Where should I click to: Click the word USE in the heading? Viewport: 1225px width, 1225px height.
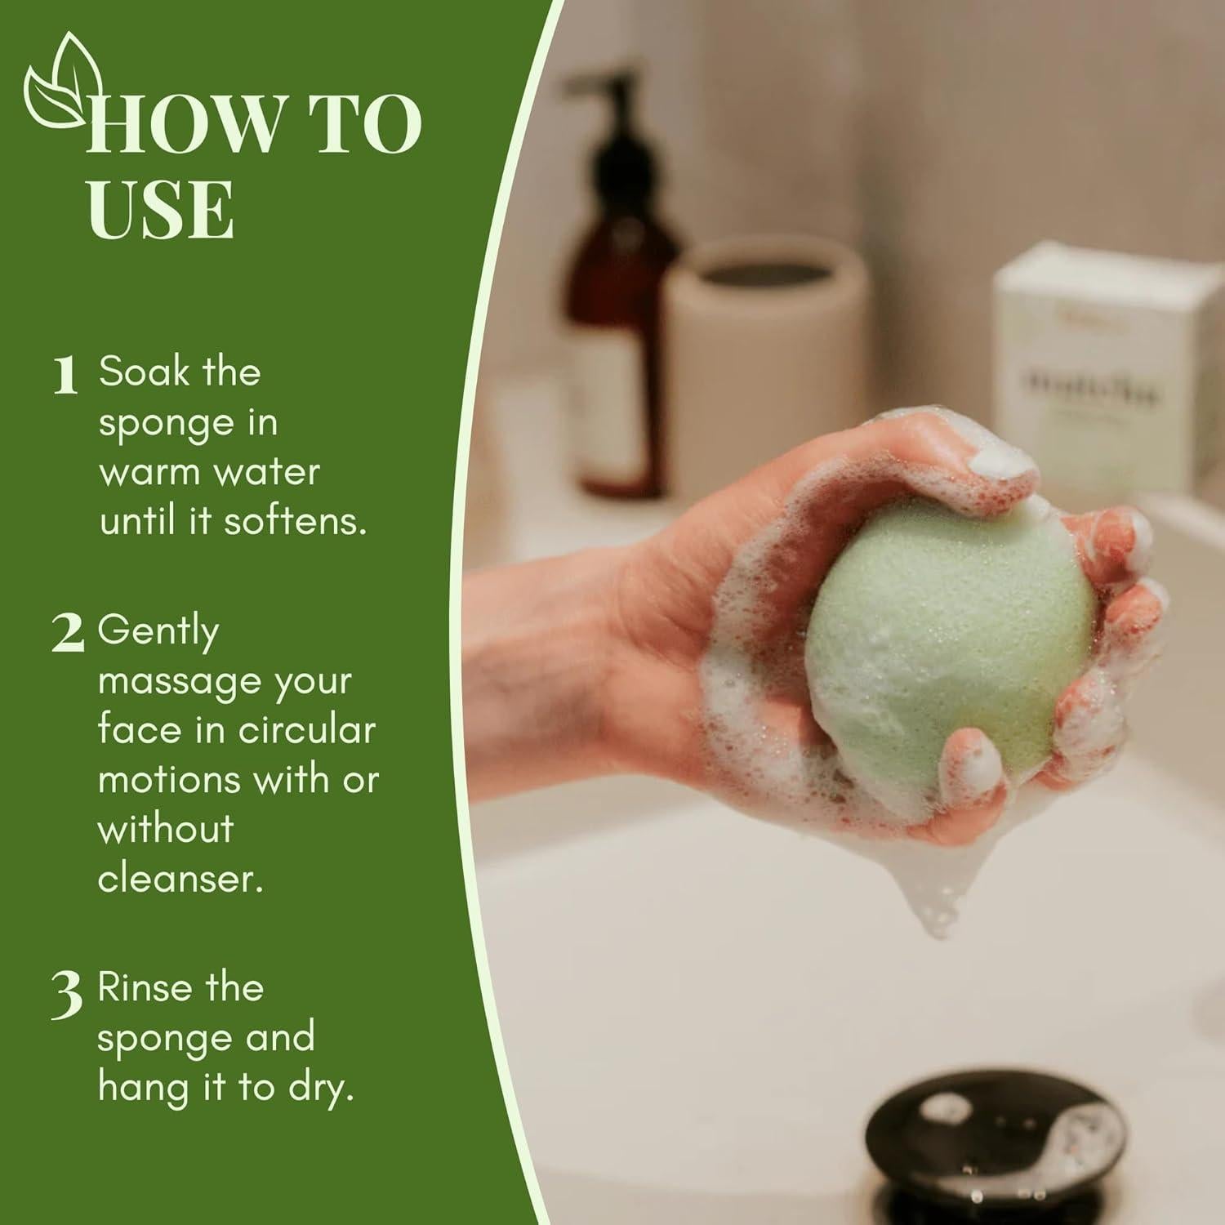[x=161, y=210]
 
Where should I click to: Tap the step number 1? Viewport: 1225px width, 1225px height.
[x=65, y=376]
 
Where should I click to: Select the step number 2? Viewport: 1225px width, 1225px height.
[x=67, y=634]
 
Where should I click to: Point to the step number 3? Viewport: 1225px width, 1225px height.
[x=67, y=995]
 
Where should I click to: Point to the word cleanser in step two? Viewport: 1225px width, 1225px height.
[x=180, y=879]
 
